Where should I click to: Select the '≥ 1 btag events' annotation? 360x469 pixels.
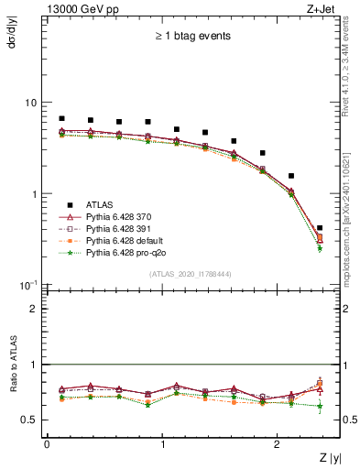(x=192, y=37)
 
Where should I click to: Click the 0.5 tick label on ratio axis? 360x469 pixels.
(x=30, y=420)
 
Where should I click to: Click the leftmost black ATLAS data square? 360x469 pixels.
(x=61, y=118)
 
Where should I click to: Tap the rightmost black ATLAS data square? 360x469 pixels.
(x=320, y=228)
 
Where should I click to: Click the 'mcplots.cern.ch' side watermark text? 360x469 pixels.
(x=348, y=248)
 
